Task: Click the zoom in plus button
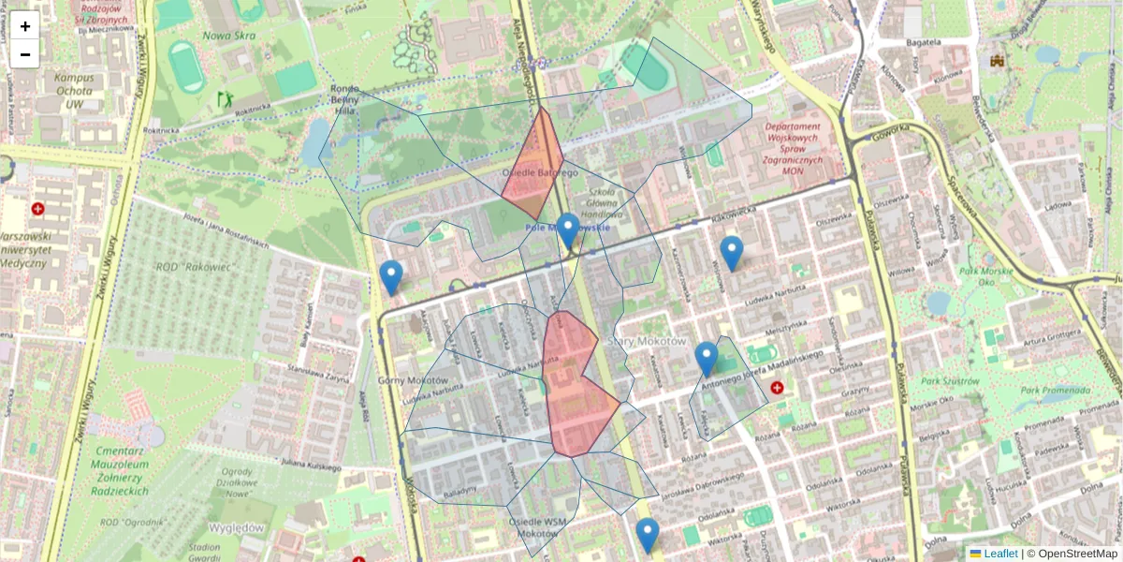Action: (x=25, y=25)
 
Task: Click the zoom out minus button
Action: (x=25, y=53)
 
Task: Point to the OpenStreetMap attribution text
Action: (x=1077, y=554)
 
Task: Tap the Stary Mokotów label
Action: (x=648, y=341)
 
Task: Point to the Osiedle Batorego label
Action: (x=540, y=173)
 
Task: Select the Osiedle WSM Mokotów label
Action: (x=537, y=527)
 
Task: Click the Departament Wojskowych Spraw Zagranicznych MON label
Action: (x=792, y=149)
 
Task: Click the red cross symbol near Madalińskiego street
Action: (x=777, y=387)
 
